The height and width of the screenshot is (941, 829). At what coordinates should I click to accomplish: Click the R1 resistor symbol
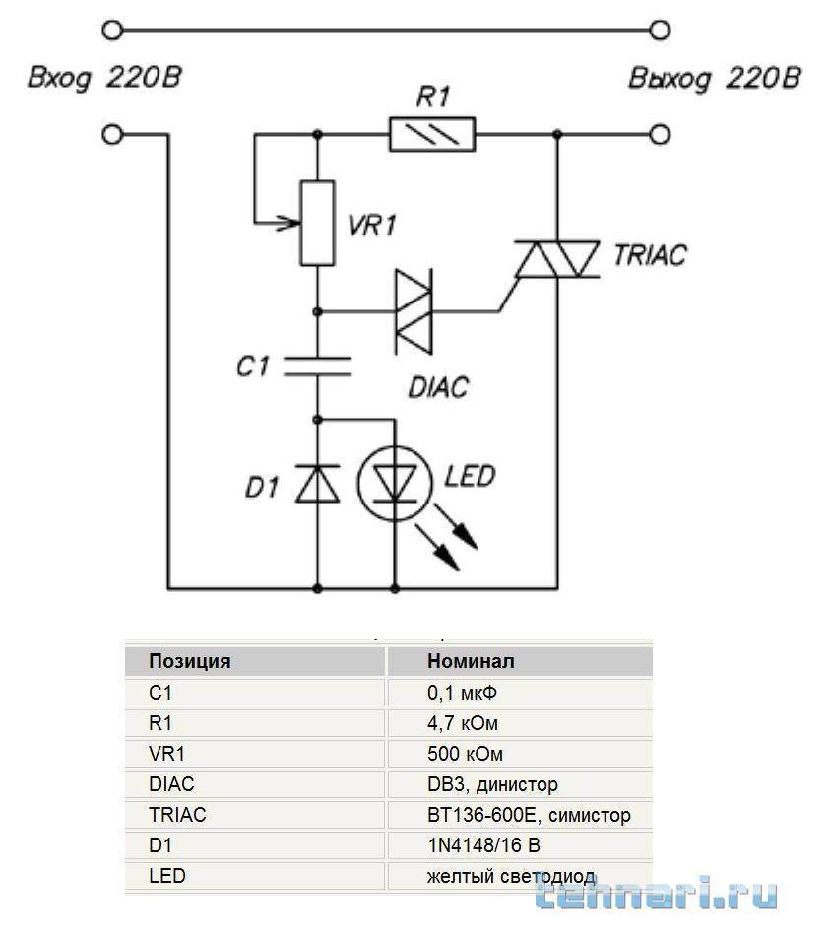point(432,133)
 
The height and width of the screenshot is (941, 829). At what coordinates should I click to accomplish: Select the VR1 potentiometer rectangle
point(317,224)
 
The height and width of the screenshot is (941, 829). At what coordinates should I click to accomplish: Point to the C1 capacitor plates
point(317,367)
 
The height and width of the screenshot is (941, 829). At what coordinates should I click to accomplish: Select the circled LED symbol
point(394,483)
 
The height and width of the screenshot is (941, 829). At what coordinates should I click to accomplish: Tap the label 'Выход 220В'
point(714,79)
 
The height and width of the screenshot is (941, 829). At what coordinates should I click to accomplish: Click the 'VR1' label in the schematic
point(373,226)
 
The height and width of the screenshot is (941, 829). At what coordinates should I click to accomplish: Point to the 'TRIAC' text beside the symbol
point(650,255)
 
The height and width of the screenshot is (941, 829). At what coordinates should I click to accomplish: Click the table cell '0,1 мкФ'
point(469,693)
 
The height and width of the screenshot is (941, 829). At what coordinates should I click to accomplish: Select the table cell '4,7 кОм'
point(463,723)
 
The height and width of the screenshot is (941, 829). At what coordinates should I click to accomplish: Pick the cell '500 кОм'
point(465,754)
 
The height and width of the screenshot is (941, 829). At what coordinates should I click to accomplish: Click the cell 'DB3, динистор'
point(492,784)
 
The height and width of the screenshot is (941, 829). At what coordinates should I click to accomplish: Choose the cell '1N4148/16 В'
point(483,845)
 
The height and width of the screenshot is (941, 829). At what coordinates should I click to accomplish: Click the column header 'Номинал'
point(471,661)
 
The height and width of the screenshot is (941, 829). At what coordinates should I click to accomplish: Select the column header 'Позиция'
point(189,661)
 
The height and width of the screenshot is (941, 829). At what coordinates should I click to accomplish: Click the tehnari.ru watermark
point(657,893)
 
